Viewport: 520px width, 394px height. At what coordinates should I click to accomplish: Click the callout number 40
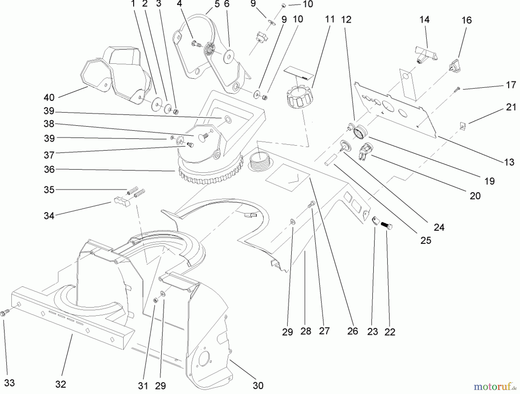pos(49,98)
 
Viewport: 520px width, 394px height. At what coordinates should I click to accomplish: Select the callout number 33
pos(10,383)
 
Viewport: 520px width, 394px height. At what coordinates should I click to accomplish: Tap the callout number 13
pos(509,162)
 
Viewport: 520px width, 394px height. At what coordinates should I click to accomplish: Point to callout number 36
pos(49,169)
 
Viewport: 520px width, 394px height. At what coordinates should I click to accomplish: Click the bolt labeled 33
pos(5,312)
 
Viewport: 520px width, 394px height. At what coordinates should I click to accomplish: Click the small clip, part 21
pos(463,125)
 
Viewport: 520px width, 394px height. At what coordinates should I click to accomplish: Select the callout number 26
pos(352,331)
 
